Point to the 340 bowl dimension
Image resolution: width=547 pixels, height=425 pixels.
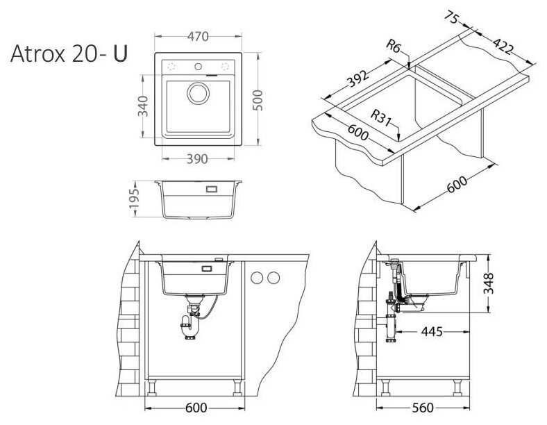coord(144,106)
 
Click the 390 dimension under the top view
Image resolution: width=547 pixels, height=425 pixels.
coord(198,159)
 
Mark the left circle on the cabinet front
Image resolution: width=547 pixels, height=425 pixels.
coord(258,278)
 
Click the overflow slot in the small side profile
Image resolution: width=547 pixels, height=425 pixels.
coord(210,187)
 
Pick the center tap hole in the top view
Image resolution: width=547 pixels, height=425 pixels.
coord(199,67)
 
